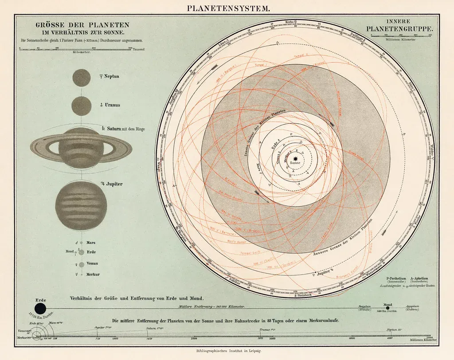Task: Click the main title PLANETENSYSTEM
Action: tap(227, 8)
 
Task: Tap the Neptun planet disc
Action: tap(81, 78)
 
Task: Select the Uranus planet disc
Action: tap(81, 106)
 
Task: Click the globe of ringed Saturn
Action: tap(81, 147)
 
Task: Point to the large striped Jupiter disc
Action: tap(81, 205)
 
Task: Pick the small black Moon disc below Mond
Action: tap(388, 308)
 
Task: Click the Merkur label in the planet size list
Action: tap(93, 274)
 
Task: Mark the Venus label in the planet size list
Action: tap(93, 263)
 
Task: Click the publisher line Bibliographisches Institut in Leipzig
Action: tap(227, 351)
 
